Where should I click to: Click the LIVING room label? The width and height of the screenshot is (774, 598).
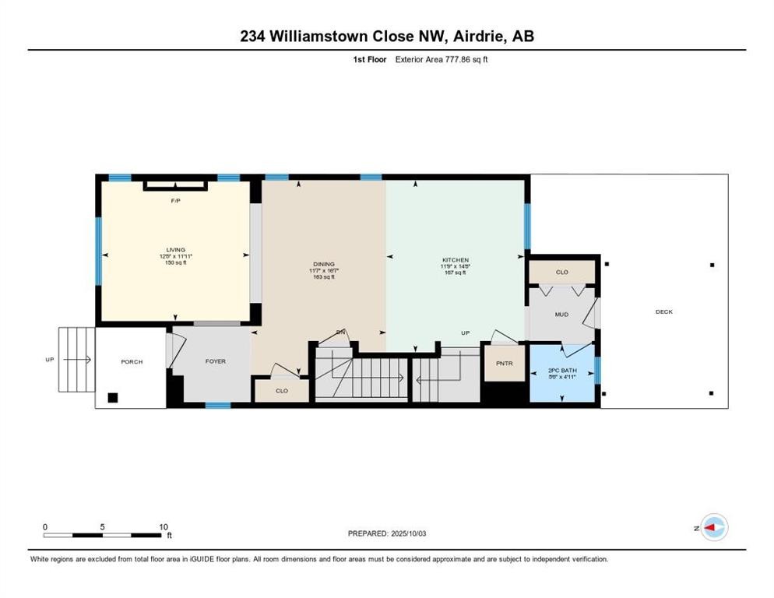(175, 250)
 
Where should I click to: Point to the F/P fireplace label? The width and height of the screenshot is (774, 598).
(176, 201)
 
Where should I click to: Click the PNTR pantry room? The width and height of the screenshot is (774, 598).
(505, 364)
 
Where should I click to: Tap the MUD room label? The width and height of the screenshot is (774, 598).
(560, 315)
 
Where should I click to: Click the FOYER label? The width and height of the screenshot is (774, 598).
(215, 361)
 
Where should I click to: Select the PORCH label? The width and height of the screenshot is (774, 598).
(132, 361)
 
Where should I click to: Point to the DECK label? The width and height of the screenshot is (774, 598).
(663, 311)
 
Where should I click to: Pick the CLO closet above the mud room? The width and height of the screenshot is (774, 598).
(561, 273)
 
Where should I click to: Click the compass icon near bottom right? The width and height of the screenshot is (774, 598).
(713, 528)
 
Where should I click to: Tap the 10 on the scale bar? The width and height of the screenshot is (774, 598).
(164, 526)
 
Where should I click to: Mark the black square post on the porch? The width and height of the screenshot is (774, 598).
(113, 397)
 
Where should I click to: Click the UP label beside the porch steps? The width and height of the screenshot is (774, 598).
(49, 360)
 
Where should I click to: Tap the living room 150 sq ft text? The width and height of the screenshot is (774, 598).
(175, 263)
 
